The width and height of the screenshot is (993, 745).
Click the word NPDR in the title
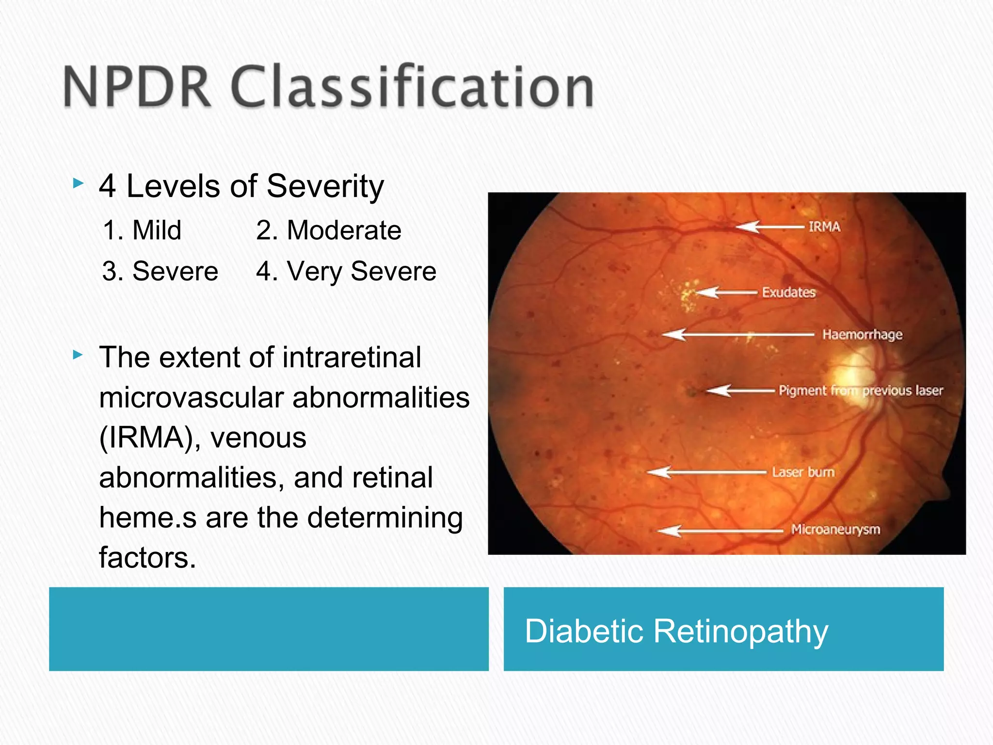137,87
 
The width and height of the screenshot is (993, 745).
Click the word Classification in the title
413,87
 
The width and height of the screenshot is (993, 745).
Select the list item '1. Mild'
143,230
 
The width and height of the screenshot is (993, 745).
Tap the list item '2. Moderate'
329,230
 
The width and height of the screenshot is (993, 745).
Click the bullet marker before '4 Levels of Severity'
78,184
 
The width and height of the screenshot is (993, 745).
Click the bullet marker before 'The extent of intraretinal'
78,355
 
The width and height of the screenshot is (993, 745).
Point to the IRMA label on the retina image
824,227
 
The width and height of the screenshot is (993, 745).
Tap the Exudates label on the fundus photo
789,292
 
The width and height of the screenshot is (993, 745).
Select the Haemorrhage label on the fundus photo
862,335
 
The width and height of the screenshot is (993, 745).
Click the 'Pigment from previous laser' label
861,390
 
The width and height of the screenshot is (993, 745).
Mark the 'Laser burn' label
803,472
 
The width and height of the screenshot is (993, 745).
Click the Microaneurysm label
835,529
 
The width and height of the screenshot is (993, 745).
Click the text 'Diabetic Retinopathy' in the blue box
676,631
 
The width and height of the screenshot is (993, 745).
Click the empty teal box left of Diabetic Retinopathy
269,629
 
